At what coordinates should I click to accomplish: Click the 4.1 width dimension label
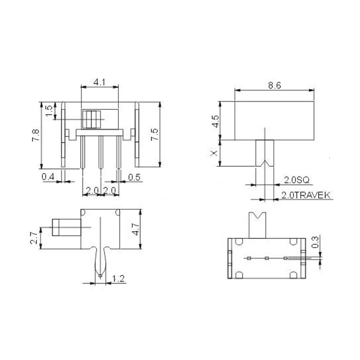[99, 82]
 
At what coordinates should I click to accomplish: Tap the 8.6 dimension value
[274, 85]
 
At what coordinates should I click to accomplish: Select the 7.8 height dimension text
[36, 135]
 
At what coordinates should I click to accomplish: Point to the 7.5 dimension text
[154, 135]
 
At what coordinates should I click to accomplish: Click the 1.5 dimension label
[49, 111]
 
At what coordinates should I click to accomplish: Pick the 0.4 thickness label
[48, 177]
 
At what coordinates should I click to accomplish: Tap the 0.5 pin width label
[134, 177]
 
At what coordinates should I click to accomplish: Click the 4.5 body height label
[216, 121]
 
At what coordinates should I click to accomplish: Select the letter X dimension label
[214, 153]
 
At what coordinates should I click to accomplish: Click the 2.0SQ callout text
[297, 180]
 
